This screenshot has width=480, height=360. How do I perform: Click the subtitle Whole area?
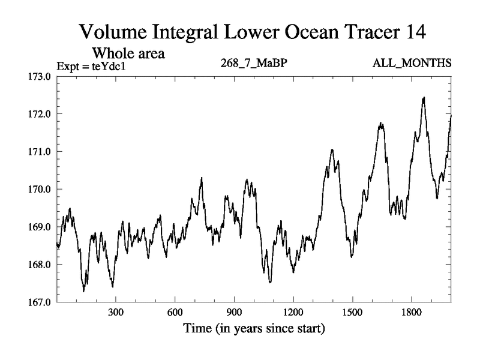point(128,53)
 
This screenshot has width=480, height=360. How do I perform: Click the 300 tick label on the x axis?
point(116,313)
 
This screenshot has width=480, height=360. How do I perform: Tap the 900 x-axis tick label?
point(234,313)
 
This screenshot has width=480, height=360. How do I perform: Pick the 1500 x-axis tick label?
point(352,313)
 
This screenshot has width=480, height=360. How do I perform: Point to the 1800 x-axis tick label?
point(411,313)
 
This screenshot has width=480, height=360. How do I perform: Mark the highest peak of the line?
point(424,97)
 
